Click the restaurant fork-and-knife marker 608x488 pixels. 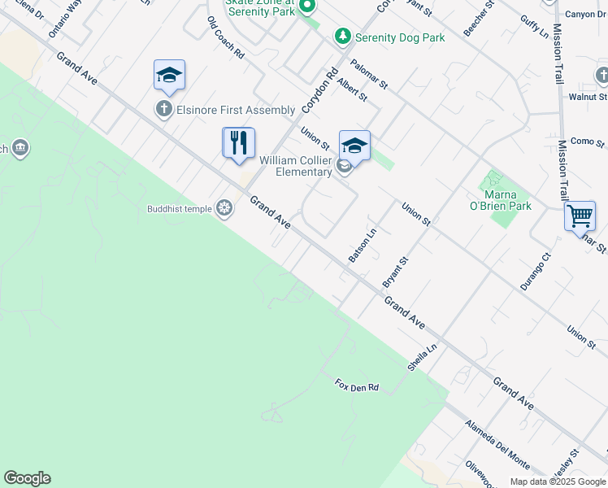239,143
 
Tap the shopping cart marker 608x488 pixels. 580,217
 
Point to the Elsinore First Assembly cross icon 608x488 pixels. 163,110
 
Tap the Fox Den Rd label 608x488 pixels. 357,386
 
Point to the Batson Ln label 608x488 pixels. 363,245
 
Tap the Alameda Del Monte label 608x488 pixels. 497,445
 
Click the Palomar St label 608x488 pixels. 370,73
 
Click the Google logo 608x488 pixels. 28,478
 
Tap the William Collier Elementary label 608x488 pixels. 296,166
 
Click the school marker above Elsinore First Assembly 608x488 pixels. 169,76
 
